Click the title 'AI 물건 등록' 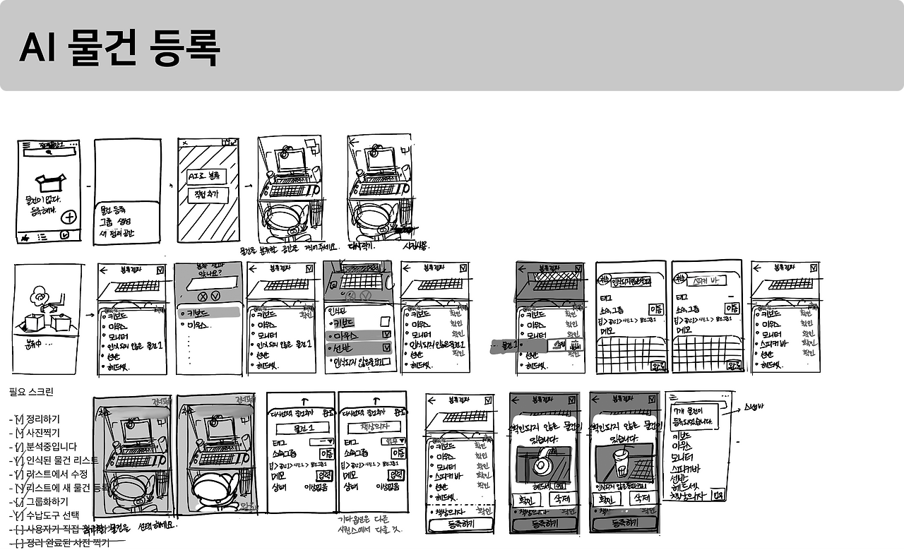tap(119, 49)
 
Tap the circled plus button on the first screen tap(70, 217)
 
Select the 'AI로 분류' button tap(206, 175)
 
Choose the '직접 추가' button tap(206, 196)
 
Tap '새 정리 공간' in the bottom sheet tap(117, 233)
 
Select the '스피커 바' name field tap(707, 280)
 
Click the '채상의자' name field tap(371, 429)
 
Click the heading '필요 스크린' tap(31, 392)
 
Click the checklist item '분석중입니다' tap(52, 447)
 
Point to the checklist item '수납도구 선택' tap(53, 515)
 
